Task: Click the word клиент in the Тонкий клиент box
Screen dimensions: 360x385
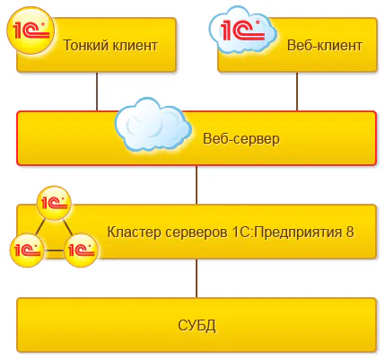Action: click(x=134, y=44)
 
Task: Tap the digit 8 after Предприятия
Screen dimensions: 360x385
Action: click(x=350, y=231)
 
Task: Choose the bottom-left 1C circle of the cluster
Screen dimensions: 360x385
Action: click(x=27, y=248)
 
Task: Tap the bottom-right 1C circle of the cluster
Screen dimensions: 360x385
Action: click(x=79, y=248)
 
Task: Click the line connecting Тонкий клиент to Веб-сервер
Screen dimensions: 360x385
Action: click(x=97, y=92)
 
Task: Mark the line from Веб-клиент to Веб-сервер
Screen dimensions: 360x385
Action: click(x=296, y=92)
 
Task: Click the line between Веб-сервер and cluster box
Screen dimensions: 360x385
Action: click(x=197, y=185)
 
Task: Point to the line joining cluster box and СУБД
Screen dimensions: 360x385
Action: click(x=197, y=278)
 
